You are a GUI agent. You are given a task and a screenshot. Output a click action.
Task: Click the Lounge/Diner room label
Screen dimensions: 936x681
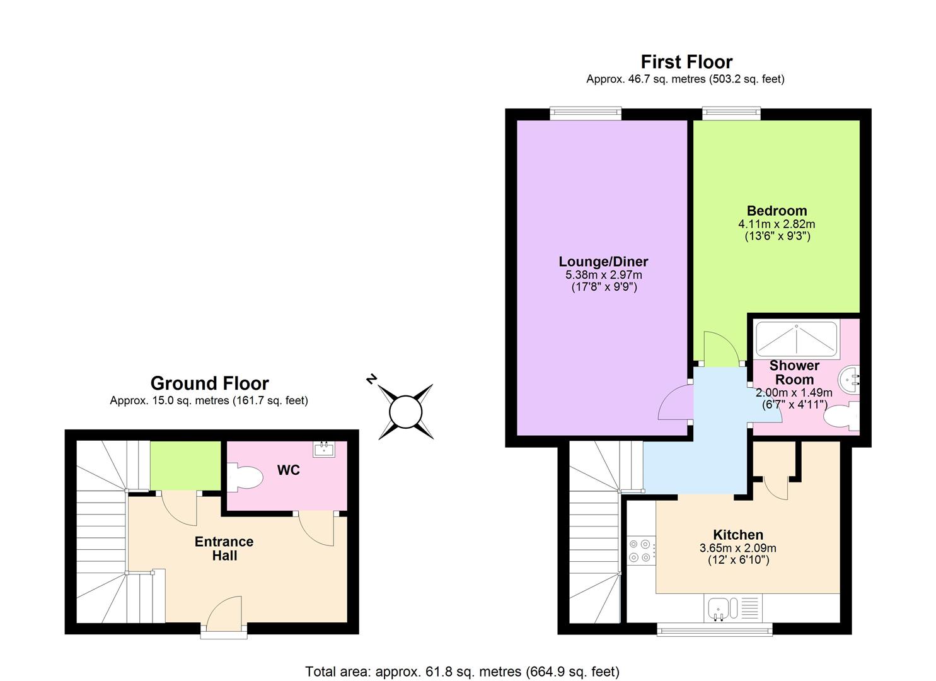tap(603, 262)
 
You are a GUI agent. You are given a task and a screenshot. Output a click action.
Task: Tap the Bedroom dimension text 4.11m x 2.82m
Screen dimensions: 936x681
tap(777, 224)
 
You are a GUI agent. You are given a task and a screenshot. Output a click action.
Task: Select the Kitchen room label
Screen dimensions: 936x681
tap(738, 535)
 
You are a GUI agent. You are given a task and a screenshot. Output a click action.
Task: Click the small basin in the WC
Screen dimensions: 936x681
tap(323, 449)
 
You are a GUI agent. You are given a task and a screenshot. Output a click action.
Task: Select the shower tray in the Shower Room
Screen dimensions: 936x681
tap(797, 339)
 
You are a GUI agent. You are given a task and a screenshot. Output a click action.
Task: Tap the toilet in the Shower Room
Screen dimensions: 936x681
tap(841, 416)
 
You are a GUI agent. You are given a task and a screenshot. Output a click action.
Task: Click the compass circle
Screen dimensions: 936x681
tap(406, 412)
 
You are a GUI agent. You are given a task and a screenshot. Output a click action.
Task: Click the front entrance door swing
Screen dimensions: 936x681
tap(224, 612)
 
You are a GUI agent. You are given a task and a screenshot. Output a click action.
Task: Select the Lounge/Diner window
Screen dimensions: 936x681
tap(586, 113)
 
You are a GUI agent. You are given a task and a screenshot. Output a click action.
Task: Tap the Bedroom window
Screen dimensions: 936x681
tap(731, 113)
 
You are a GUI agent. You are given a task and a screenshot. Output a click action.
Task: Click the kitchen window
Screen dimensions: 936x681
tap(715, 629)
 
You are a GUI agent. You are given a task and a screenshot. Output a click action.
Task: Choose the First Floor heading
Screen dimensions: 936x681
tap(686, 62)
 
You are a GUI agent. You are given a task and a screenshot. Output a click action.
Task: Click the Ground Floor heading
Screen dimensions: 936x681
tap(210, 383)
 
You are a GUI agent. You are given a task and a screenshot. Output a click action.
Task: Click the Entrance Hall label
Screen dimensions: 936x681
tap(224, 549)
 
